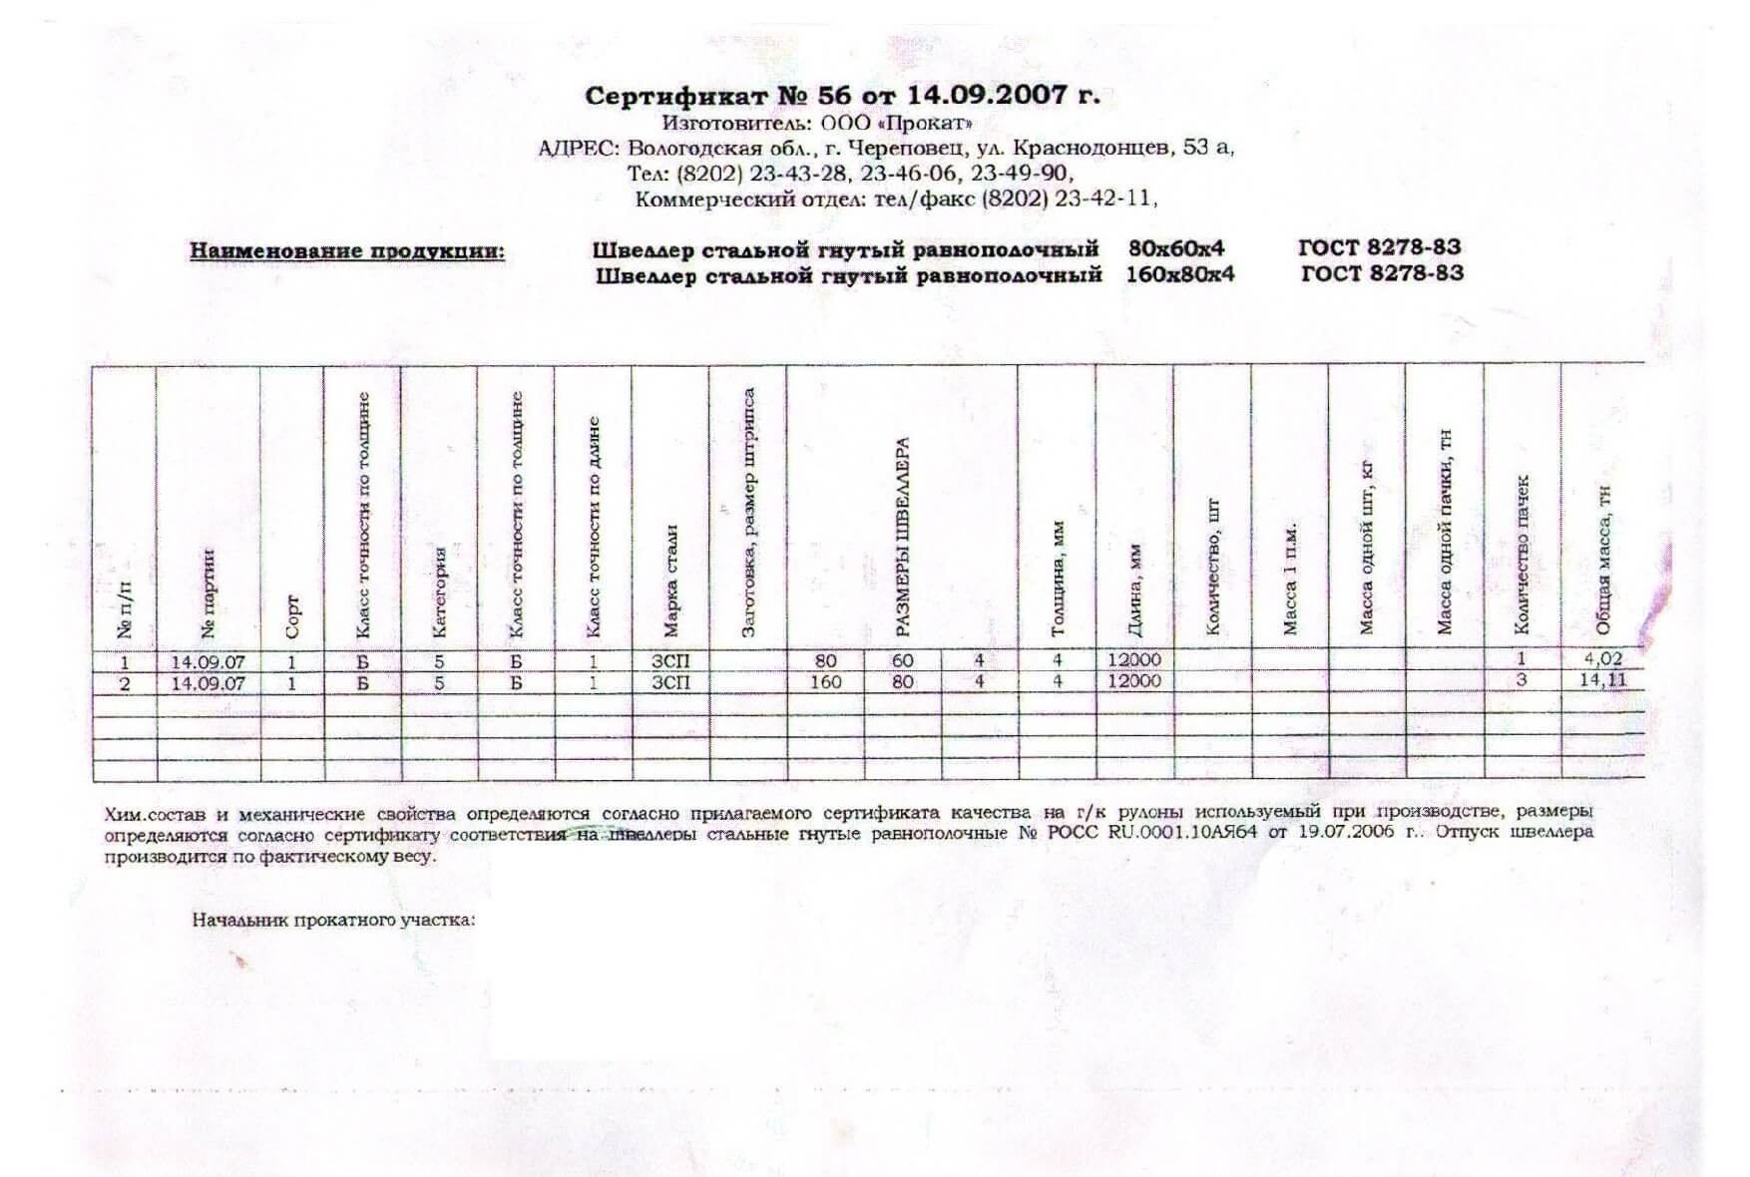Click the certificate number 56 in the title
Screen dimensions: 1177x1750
[x=833, y=96]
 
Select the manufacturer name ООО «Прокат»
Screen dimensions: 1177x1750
[x=895, y=124]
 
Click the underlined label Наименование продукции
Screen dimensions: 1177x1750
[x=347, y=250]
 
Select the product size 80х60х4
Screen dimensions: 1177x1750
[x=1175, y=248]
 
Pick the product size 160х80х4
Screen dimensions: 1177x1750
[x=1179, y=273]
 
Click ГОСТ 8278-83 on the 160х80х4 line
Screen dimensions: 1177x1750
[x=1382, y=273]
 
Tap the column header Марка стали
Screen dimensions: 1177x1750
[x=671, y=579]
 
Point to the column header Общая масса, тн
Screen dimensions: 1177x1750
[x=1603, y=559]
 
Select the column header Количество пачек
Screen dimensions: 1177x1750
[x=1522, y=554]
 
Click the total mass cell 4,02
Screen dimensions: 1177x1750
[x=1603, y=658]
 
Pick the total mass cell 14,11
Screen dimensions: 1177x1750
[x=1603, y=680]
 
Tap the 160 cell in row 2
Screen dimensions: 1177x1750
[x=825, y=682]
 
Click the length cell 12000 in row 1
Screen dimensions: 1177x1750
[x=1134, y=659]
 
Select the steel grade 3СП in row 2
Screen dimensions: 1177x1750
[x=670, y=682]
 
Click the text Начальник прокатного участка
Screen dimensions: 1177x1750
[x=333, y=920]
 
